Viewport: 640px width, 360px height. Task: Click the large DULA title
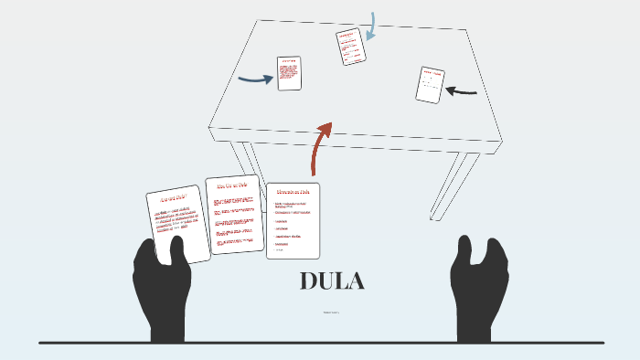(x=332, y=282)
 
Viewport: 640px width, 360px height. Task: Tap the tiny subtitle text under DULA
(x=332, y=313)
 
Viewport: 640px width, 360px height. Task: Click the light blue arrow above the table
(x=371, y=26)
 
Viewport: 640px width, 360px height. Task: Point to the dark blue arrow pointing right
(x=255, y=79)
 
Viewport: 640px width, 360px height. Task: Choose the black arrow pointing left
(x=461, y=90)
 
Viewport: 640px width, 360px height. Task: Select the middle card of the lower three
(x=234, y=215)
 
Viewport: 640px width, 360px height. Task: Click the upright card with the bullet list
(x=293, y=220)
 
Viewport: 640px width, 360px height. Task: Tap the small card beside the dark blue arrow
(x=289, y=73)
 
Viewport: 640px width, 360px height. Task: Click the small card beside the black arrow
(x=430, y=85)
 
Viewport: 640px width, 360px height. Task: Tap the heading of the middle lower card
(x=232, y=185)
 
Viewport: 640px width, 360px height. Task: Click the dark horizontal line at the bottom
(x=320, y=343)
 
